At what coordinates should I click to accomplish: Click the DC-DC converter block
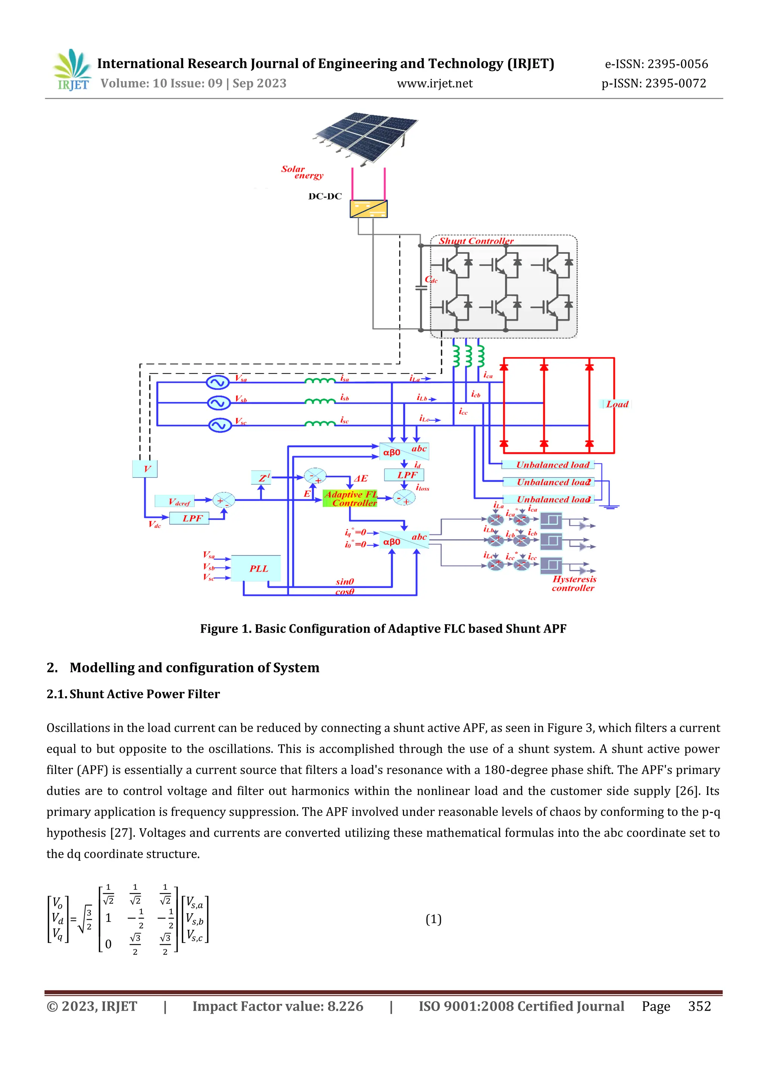point(369,209)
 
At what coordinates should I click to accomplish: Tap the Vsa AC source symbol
point(218,382)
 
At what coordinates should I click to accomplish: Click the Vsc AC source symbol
point(219,425)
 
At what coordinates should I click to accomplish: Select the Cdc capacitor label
point(431,280)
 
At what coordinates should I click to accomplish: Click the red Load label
point(617,404)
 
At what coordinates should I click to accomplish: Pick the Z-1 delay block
point(261,477)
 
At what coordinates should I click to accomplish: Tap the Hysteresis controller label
point(574,583)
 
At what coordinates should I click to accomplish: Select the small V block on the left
point(145,469)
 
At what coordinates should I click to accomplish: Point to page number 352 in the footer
point(699,1006)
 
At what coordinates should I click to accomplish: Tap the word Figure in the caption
point(219,628)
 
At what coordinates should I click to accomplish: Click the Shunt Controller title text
point(476,241)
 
